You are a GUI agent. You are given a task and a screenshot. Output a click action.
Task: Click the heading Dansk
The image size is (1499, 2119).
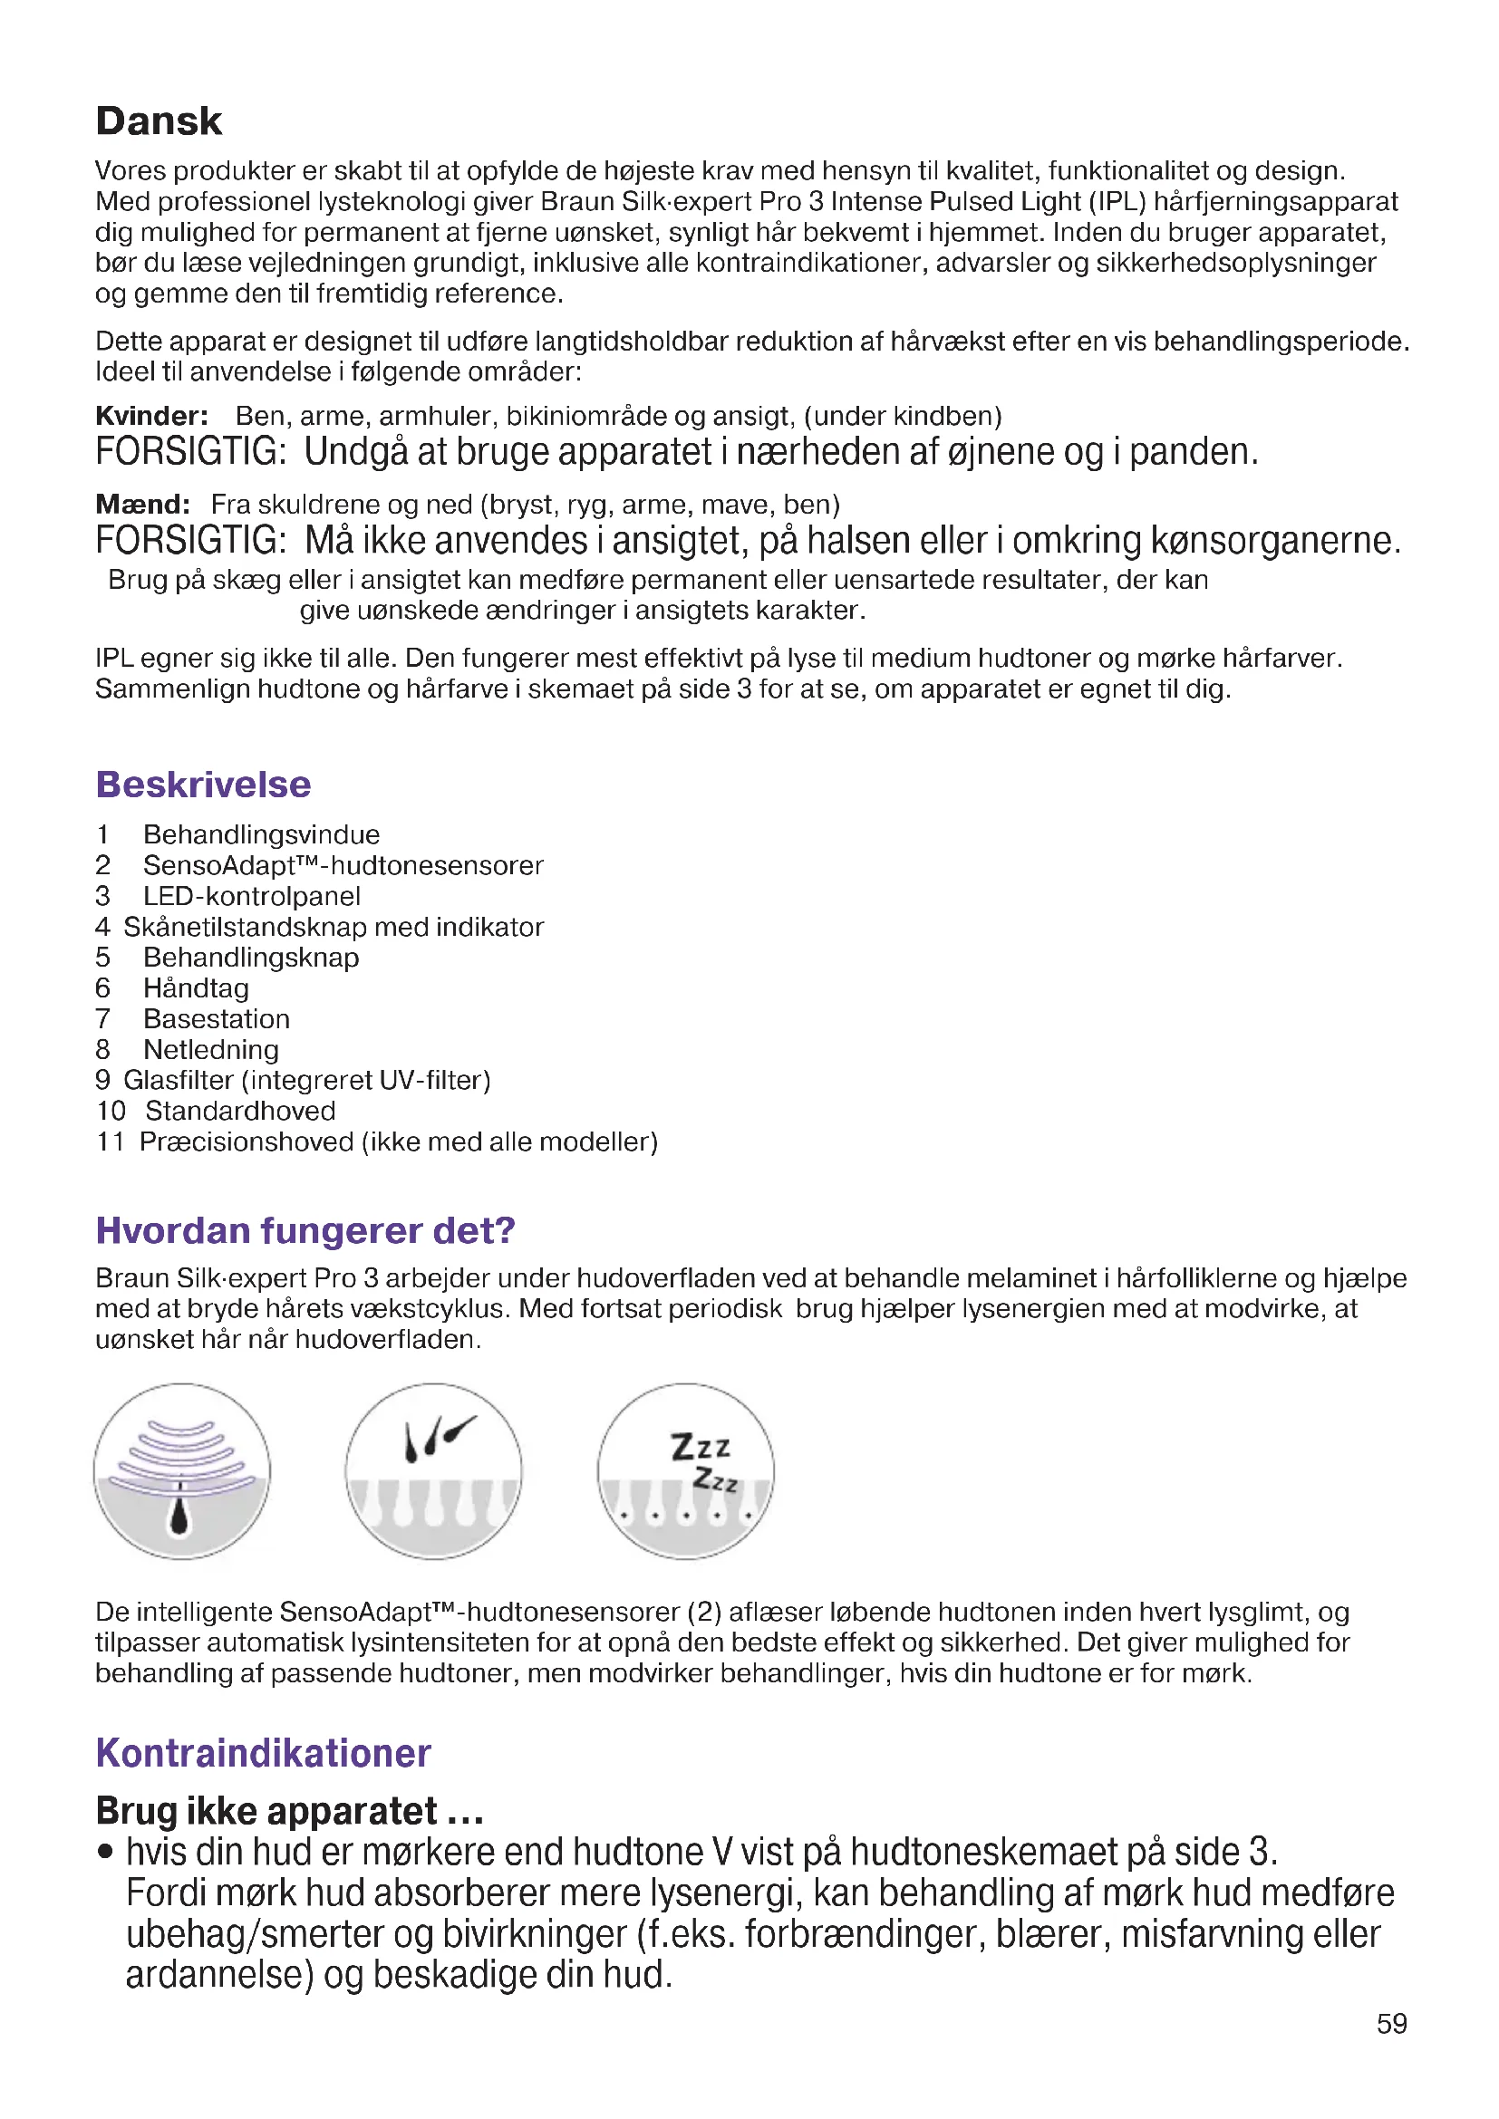coord(159,120)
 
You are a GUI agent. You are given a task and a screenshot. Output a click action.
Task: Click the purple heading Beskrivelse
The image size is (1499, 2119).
coord(203,785)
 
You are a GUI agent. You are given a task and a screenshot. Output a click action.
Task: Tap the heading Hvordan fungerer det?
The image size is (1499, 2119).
coord(305,1230)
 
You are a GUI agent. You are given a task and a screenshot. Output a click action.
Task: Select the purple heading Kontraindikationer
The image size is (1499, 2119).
coord(263,1754)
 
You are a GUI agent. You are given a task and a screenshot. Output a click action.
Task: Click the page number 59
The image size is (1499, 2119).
coord(1392,2024)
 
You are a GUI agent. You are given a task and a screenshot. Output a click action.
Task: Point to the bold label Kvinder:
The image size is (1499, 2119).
coord(151,416)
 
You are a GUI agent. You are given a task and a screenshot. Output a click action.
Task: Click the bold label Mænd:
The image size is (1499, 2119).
coord(143,505)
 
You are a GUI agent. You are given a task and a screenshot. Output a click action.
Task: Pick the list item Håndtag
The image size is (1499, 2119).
coord(196,988)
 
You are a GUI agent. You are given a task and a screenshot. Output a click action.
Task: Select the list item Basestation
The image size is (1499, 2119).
coord(216,1019)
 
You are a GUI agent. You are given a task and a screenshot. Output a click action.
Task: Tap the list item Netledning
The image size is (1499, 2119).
coord(210,1049)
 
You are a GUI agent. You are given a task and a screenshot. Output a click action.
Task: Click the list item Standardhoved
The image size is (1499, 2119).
coord(240,1112)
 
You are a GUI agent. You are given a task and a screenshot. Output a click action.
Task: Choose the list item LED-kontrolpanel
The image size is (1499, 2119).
coord(251,896)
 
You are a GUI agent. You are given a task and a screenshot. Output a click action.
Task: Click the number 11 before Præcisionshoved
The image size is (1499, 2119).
coord(110,1141)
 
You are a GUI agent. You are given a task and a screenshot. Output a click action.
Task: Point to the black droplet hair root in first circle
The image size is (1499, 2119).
coord(180,1515)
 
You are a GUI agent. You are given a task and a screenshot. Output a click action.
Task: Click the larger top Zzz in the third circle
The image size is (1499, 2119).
coord(701,1446)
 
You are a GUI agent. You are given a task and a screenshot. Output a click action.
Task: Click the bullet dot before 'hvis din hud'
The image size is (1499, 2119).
coord(106,1852)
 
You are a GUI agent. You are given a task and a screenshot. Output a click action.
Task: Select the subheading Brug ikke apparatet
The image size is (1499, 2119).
coord(289,1811)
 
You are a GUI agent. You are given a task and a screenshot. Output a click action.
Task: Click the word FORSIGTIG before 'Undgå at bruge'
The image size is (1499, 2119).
coord(190,452)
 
